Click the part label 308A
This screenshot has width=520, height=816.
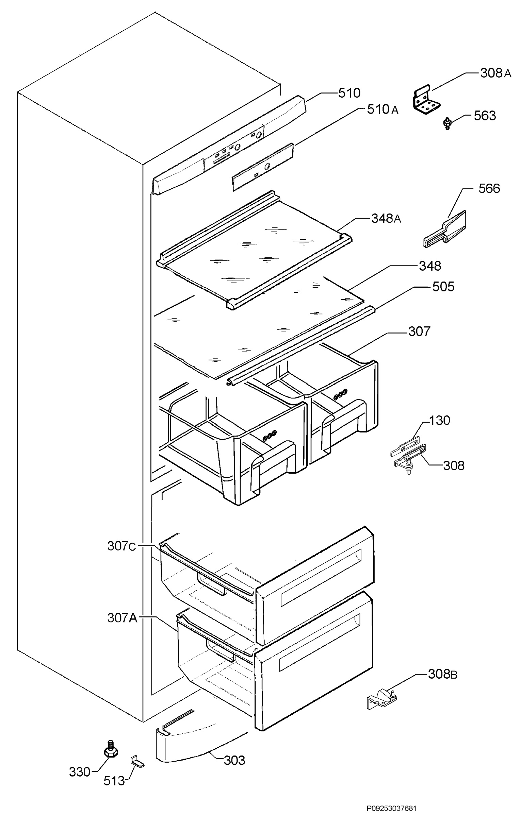pos(495,73)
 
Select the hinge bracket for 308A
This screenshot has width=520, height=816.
pos(427,100)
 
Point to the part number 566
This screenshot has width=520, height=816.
pos(489,189)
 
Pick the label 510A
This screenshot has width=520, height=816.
pos(383,109)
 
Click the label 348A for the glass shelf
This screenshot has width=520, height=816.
pos(386,219)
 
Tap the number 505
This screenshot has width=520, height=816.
pos(443,287)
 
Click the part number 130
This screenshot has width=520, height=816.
pos(439,421)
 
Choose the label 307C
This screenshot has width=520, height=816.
pos(121,546)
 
